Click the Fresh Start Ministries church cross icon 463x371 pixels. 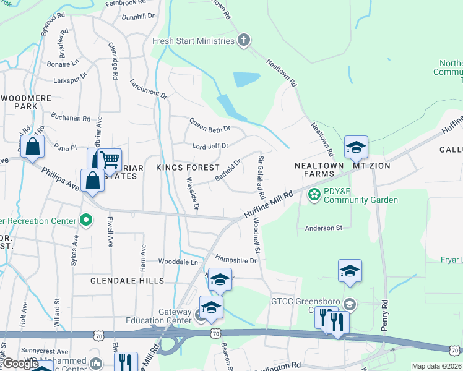(244, 41)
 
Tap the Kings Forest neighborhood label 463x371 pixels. (188, 168)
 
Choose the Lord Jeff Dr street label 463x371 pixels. (210, 146)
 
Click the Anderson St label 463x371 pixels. (324, 228)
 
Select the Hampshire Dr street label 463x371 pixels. (236, 260)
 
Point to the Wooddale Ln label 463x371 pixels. (178, 262)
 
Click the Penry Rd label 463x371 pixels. (384, 315)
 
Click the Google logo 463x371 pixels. (20, 364)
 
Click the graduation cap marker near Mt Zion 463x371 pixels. (356, 148)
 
